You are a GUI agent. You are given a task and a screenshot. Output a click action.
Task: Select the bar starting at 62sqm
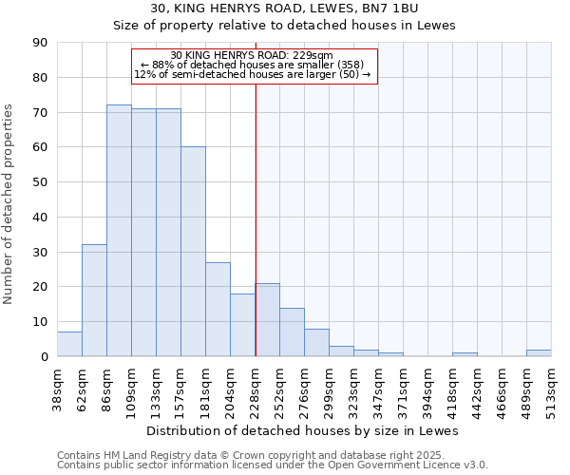pyautogui.click(x=94, y=300)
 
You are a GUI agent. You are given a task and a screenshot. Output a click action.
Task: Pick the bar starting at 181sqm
pyautogui.click(x=218, y=309)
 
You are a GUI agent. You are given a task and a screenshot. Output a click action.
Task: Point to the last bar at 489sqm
pyautogui.click(x=539, y=352)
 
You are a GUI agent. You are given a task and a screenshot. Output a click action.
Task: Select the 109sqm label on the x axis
pyautogui.click(x=131, y=387)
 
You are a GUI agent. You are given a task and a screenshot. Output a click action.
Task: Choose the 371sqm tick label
pyautogui.click(x=403, y=387)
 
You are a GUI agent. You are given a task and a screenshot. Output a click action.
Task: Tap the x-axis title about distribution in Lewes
pyautogui.click(x=304, y=430)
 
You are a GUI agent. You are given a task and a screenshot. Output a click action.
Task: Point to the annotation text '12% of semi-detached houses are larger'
pyautogui.click(x=253, y=74)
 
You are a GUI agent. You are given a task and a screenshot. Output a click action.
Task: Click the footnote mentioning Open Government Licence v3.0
pyautogui.click(x=273, y=465)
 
